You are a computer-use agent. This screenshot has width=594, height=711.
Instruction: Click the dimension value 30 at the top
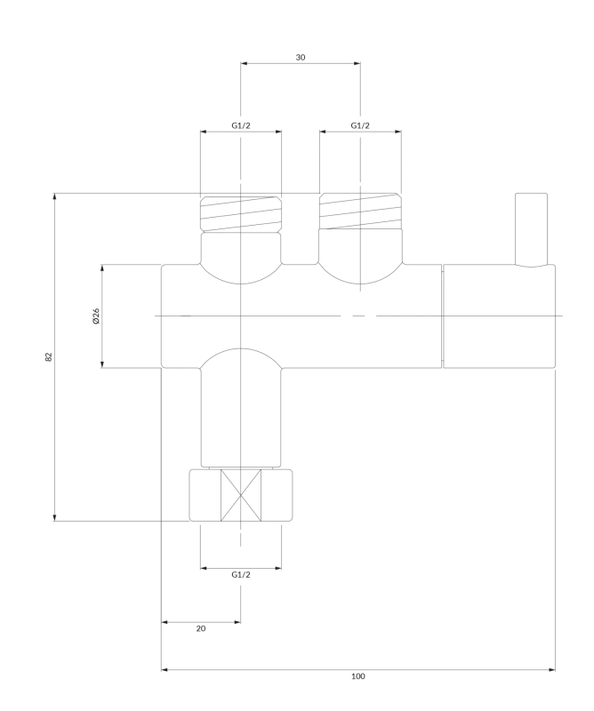pyautogui.click(x=301, y=57)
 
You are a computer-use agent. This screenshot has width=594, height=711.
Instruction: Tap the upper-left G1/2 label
pyautogui.click(x=240, y=125)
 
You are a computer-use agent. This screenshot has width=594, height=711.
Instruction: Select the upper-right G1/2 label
pyautogui.click(x=360, y=125)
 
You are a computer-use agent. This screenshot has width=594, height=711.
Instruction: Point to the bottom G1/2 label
pyautogui.click(x=240, y=574)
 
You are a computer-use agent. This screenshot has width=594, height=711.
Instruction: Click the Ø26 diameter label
pyautogui.click(x=95, y=316)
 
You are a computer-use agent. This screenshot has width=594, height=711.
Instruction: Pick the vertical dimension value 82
pyautogui.click(x=49, y=357)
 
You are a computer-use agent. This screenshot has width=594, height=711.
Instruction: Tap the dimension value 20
pyautogui.click(x=201, y=628)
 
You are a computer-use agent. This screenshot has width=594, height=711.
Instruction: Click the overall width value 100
pyautogui.click(x=358, y=676)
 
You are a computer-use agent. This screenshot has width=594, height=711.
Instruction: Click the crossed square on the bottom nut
pyautogui.click(x=241, y=495)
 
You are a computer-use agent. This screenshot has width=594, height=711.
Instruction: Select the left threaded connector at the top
pyautogui.click(x=240, y=214)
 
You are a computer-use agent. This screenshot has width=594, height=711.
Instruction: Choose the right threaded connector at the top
pyautogui.click(x=360, y=212)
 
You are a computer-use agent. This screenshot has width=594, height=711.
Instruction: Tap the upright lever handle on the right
pyautogui.click(x=532, y=229)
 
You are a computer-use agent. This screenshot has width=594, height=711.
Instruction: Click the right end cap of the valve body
pyautogui.click(x=499, y=316)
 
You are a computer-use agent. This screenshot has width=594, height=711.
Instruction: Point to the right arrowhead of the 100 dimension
pyautogui.click(x=552, y=669)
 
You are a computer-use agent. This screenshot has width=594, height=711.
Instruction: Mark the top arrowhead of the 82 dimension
pyautogui.click(x=54, y=196)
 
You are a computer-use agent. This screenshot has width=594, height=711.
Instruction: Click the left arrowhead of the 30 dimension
pyautogui.click(x=244, y=63)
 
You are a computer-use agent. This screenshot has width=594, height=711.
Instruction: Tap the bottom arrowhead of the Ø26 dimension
pyautogui.click(x=102, y=364)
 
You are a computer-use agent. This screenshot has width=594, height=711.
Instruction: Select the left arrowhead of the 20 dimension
pyautogui.click(x=165, y=622)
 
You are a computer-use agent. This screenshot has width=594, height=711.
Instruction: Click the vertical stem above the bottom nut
pyautogui.click(x=241, y=417)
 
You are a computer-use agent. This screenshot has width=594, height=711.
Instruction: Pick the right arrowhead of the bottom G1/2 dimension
pyautogui.click(x=278, y=568)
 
